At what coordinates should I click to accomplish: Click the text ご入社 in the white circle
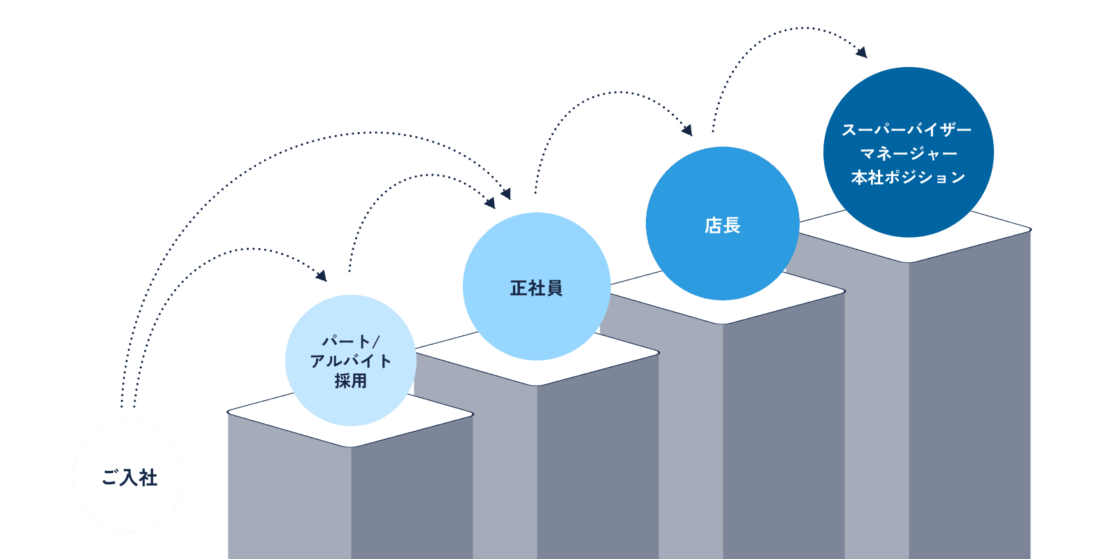[x=129, y=478]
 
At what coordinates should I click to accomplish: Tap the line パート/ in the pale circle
[x=350, y=342]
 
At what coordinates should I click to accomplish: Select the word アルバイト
[x=350, y=361]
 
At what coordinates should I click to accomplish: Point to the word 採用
[x=350, y=381]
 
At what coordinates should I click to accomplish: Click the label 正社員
[x=536, y=288]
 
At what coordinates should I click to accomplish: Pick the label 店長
[x=722, y=226]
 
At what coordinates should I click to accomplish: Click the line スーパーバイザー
[x=907, y=131]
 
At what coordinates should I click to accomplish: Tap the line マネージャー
[x=908, y=154]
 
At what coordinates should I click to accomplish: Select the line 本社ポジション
[x=908, y=178]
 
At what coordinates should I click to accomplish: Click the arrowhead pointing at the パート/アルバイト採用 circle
[x=322, y=276]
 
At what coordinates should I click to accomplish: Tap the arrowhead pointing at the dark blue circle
[x=862, y=52]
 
